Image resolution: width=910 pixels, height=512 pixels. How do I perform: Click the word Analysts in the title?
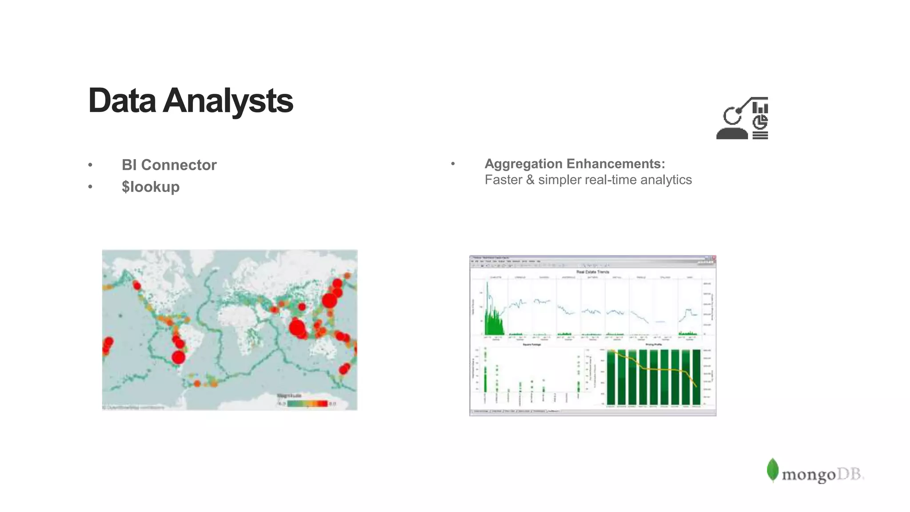(x=227, y=101)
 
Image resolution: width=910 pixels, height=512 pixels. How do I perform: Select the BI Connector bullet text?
(x=169, y=165)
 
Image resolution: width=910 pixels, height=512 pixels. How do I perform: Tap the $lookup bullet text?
(x=151, y=187)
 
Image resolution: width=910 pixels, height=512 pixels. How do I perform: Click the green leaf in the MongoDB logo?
(x=773, y=470)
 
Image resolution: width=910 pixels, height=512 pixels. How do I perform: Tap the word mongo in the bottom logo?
(x=809, y=475)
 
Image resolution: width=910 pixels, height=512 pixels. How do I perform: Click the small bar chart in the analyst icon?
(x=760, y=108)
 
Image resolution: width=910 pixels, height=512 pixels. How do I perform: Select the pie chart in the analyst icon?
(x=760, y=122)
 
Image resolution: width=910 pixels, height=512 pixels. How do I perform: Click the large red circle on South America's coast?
(x=178, y=357)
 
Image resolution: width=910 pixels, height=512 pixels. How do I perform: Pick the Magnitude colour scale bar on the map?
(x=307, y=404)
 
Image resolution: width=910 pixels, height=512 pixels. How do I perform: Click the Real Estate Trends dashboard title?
(x=593, y=272)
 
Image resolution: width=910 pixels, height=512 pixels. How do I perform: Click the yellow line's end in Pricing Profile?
(x=696, y=386)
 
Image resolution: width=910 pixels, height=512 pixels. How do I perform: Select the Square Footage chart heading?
(x=531, y=344)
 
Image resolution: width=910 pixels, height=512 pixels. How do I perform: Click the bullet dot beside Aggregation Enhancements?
(x=453, y=164)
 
